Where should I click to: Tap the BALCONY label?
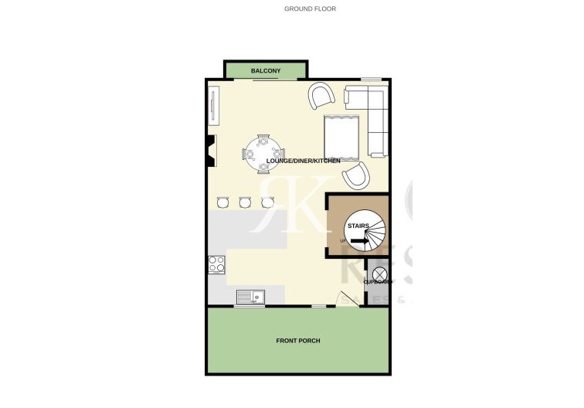click(265, 72)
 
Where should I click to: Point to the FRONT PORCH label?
click(298, 341)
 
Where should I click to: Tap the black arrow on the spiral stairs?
click(359, 241)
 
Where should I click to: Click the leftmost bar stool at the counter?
click(223, 202)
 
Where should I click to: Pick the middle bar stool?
click(246, 202)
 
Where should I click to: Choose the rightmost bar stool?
click(268, 202)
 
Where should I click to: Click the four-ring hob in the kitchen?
click(216, 264)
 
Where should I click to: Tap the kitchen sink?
click(250, 296)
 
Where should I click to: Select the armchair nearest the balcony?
click(321, 97)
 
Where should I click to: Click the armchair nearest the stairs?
click(356, 176)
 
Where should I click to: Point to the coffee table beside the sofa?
click(341, 134)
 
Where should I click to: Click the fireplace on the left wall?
click(210, 151)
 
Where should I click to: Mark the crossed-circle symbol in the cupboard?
click(379, 274)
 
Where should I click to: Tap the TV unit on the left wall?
click(213, 105)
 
